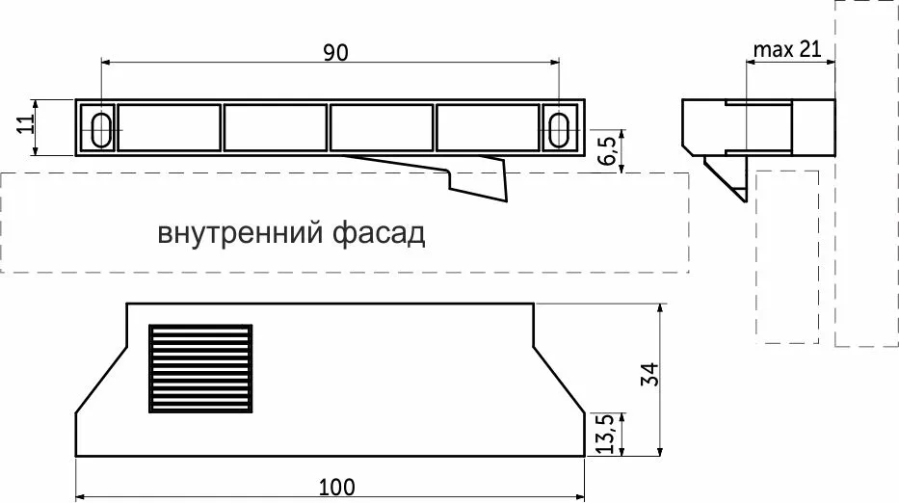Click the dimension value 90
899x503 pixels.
tap(334, 53)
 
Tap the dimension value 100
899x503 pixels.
tap(334, 487)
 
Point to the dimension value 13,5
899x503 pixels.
tap(606, 435)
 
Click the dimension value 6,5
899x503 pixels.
tap(606, 151)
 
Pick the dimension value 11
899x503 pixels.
tap(26, 126)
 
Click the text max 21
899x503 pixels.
tap(787, 50)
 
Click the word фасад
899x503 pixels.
tap(377, 234)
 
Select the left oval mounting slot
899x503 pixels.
tap(99, 128)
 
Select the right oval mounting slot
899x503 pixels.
tap(560, 128)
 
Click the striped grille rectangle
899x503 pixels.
tap(199, 368)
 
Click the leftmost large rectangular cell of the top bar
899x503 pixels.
tap(168, 128)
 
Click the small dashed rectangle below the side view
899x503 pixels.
tap(787, 255)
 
